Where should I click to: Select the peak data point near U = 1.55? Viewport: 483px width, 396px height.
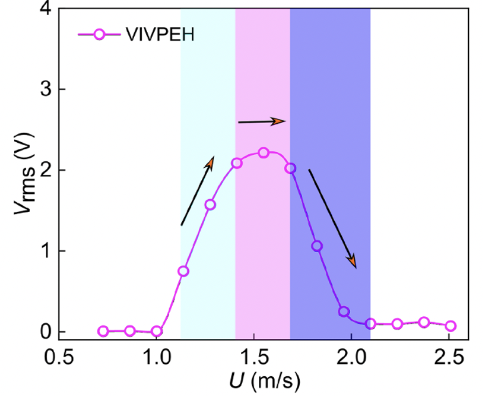click(x=263, y=153)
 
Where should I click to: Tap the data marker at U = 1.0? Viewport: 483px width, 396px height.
click(x=156, y=331)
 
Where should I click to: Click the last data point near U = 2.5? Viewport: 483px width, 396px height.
click(x=450, y=326)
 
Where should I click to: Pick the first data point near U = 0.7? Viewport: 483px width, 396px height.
click(x=103, y=331)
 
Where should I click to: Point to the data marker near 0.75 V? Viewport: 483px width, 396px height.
click(x=183, y=271)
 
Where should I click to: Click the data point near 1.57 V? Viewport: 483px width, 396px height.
click(x=210, y=204)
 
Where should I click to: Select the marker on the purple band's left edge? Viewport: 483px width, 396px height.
click(x=290, y=168)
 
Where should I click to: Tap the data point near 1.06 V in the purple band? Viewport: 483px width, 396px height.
click(x=317, y=246)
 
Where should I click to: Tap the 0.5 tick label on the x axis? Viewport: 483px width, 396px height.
click(x=59, y=356)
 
